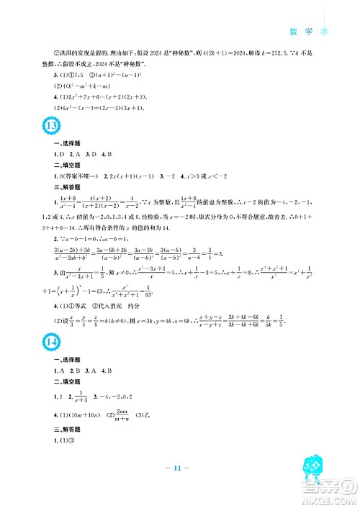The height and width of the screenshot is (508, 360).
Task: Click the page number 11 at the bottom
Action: click(179, 487)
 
